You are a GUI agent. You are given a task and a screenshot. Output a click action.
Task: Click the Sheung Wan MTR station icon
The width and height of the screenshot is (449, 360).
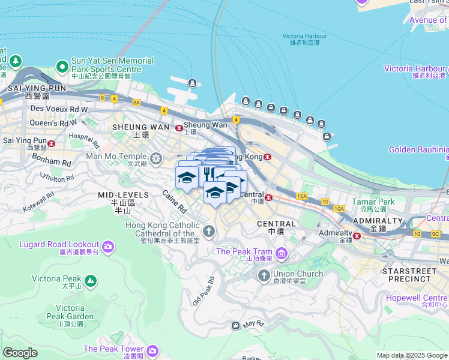[178, 128]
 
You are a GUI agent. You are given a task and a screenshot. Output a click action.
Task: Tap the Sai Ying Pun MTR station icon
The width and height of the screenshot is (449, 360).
[52, 143]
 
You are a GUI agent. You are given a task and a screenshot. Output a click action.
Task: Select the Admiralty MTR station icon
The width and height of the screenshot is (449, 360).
[356, 235]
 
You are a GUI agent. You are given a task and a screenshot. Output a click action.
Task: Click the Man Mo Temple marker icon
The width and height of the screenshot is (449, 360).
[155, 159]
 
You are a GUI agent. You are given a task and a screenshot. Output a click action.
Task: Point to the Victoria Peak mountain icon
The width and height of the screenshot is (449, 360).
[90, 280]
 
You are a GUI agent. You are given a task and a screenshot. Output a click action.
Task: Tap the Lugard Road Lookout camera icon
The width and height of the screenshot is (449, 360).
[108, 247]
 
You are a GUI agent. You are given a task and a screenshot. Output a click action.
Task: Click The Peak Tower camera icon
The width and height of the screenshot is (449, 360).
[152, 350]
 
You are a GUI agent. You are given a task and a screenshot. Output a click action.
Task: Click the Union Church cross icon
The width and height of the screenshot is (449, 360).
[263, 275]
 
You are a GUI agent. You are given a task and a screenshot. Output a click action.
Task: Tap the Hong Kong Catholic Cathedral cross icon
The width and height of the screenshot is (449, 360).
[209, 230]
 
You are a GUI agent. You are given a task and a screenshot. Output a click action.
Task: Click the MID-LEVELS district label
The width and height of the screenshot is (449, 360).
[123, 195]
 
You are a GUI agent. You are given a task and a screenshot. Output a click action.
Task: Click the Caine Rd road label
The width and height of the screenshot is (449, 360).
[175, 202]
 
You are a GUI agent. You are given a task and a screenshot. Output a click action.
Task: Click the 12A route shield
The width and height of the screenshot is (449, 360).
[302, 196]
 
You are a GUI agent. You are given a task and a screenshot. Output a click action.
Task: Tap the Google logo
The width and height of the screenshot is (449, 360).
[20, 353]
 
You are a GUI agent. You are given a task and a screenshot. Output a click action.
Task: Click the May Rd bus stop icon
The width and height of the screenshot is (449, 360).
[236, 325]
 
